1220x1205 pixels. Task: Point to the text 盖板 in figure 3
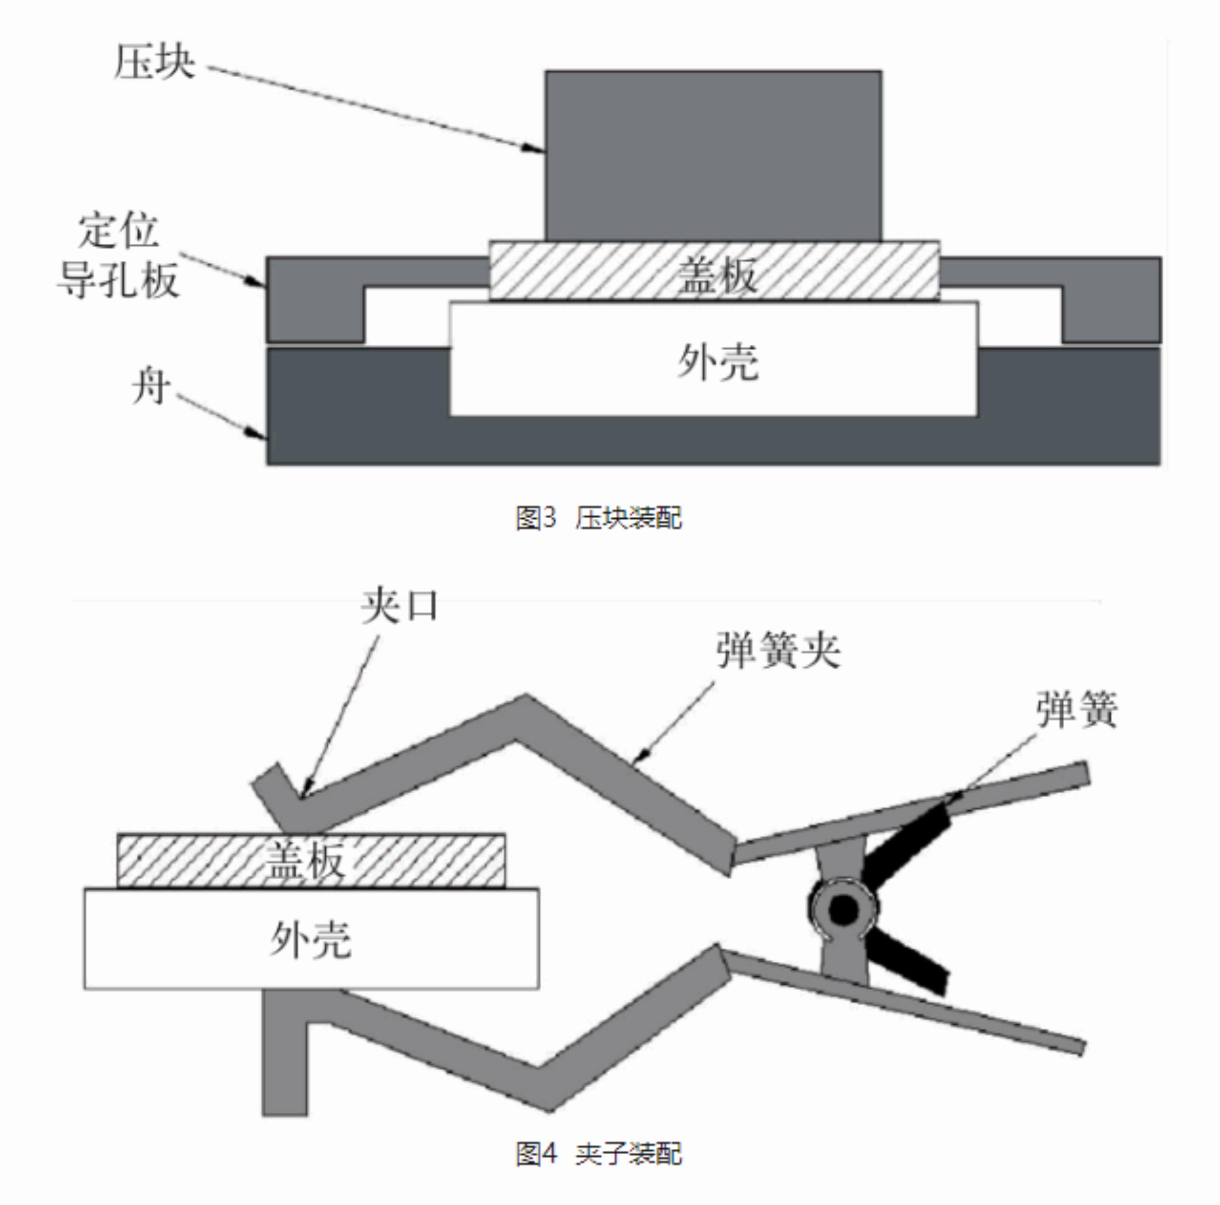click(x=717, y=276)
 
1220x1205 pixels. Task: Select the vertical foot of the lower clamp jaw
click(x=284, y=1061)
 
